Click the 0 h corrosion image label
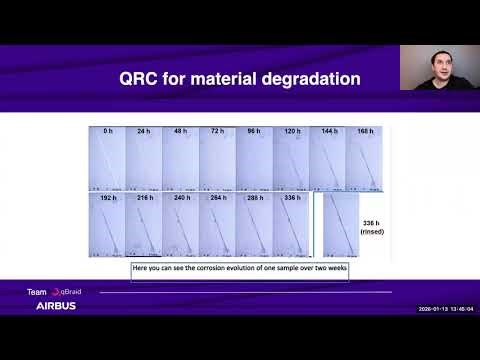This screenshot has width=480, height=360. tap(107, 131)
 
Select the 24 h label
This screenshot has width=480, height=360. tap(144, 131)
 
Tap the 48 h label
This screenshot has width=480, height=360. tap(181, 131)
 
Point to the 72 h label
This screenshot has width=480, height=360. tap(218, 131)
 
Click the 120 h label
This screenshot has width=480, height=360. tap(291, 131)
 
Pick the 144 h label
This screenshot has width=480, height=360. tap(328, 131)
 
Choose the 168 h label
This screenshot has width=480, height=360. tap(364, 131)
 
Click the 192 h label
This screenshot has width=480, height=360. tap(107, 198)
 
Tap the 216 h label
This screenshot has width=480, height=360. tap(144, 198)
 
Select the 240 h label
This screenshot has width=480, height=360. tap(181, 198)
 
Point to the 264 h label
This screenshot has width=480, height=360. tap(218, 198)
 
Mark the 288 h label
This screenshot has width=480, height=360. tap(254, 198)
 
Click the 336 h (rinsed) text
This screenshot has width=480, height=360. tap(372, 228)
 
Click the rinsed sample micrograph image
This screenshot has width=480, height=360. tap(340, 225)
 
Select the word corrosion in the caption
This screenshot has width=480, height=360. tap(208, 269)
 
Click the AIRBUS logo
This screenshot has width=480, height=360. tap(56, 306)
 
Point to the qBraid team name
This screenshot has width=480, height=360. tap(70, 292)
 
